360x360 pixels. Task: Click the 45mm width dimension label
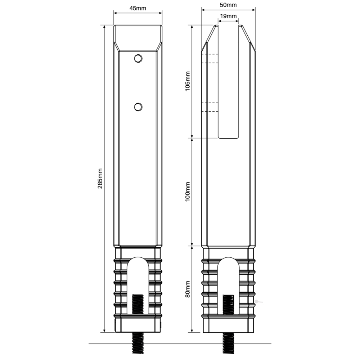click(x=138, y=8)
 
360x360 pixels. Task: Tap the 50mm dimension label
click(x=228, y=5)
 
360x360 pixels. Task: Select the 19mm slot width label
click(x=228, y=16)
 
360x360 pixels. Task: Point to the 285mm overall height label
click(x=100, y=179)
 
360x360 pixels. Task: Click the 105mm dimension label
click(x=188, y=81)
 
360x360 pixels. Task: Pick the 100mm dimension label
click(x=188, y=192)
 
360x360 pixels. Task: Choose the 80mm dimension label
click(x=188, y=289)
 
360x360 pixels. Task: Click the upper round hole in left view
click(x=138, y=59)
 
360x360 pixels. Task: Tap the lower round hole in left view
click(x=138, y=107)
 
